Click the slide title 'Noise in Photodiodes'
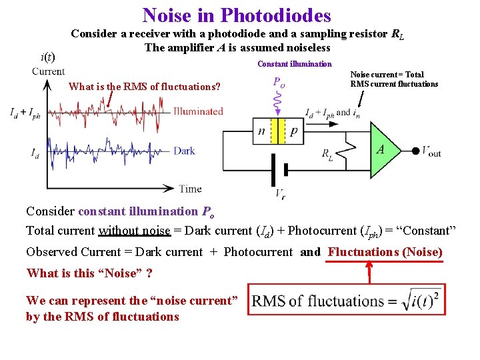237,15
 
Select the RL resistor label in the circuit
327,155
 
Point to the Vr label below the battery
281,194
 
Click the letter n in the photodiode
262,131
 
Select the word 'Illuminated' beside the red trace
198,111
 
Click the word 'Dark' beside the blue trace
184,151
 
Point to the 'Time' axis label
190,189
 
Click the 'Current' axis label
48,71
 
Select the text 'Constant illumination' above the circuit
294,64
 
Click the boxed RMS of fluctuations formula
347,300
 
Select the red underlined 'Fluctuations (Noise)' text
385,252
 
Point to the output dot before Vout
415,151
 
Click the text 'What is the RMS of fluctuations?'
145,86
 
